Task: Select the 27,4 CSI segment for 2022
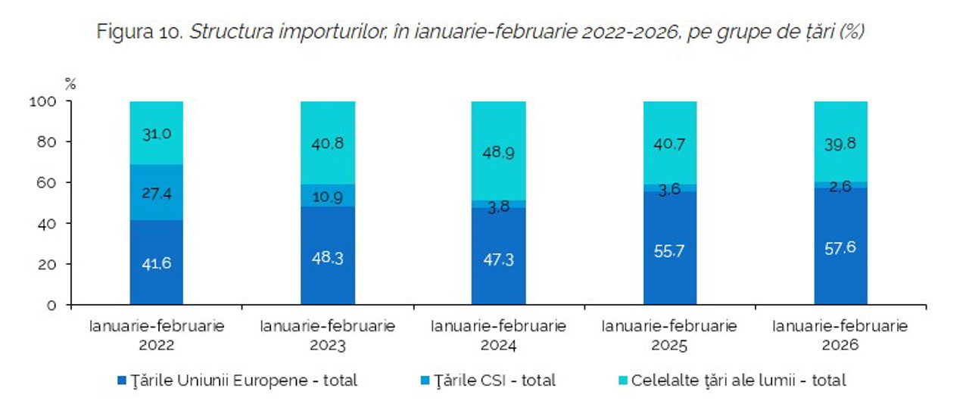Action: [157, 194]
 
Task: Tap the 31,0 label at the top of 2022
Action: [157, 133]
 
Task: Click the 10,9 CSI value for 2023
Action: [328, 195]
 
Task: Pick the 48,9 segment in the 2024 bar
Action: [498, 153]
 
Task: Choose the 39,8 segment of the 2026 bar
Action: [840, 143]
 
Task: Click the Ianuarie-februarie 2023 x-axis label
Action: [328, 336]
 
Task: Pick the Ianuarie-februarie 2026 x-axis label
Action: [840, 336]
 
